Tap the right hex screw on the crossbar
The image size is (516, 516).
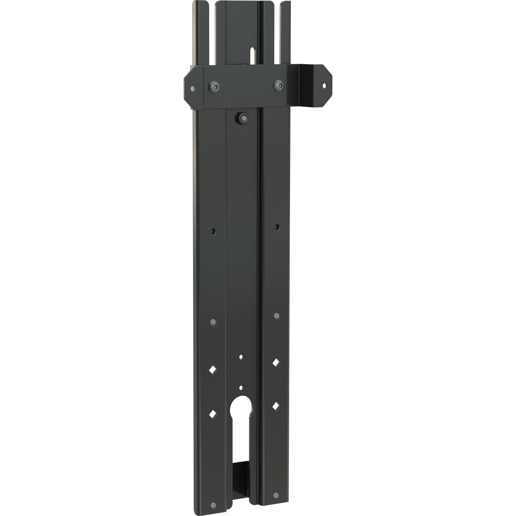pyautogui.click(x=279, y=85)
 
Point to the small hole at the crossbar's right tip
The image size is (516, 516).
pyautogui.click(x=325, y=86)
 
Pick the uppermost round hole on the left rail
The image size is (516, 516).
pyautogui.click(x=212, y=231)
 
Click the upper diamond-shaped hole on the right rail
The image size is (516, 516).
pyautogui.click(x=276, y=363)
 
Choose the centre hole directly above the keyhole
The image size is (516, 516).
pyautogui.click(x=242, y=387)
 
